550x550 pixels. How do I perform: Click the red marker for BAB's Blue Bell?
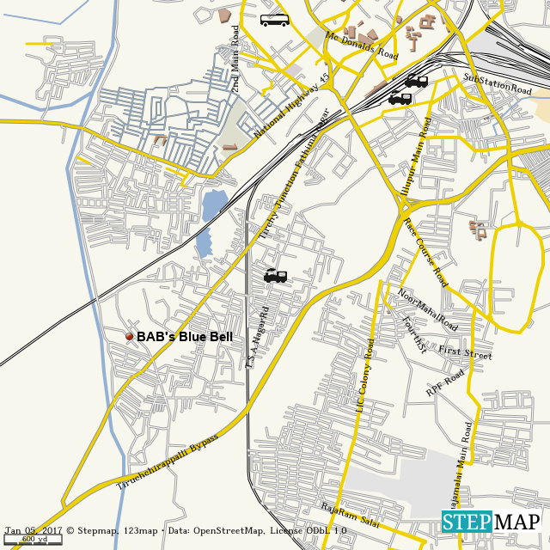point(130,337)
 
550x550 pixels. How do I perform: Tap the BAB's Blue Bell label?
point(184,338)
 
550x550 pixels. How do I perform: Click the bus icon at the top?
point(275,20)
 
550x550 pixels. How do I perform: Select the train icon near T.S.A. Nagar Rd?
point(275,276)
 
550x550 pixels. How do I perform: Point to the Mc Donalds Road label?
point(362,46)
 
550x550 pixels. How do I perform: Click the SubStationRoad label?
point(498,83)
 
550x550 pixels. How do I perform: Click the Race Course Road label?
point(425,253)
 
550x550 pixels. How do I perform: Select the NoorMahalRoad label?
point(427,310)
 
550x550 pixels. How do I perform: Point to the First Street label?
point(465,353)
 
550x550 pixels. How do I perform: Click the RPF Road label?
point(444,383)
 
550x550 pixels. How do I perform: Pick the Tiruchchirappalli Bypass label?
point(168,462)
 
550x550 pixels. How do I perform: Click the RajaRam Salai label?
point(350,514)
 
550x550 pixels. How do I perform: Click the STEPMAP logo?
point(492,522)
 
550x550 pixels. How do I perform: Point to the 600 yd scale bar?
point(31,541)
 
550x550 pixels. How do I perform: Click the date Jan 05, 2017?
point(34,530)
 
